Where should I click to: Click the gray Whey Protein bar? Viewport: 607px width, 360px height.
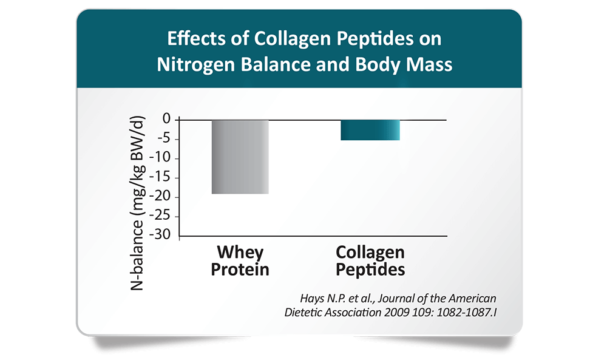[240, 157]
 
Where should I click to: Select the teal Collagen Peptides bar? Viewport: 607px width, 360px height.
[370, 130]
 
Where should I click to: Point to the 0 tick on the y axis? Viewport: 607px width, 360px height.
[166, 119]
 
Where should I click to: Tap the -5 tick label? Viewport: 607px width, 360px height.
[164, 138]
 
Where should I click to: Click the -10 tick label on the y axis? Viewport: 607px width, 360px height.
[161, 158]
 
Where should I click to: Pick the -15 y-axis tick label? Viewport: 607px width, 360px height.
[161, 177]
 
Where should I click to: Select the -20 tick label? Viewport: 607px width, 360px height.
[161, 196]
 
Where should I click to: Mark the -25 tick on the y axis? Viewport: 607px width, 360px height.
[161, 216]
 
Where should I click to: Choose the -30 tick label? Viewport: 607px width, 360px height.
[161, 234]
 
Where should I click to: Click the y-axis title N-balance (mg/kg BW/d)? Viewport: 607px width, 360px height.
[137, 203]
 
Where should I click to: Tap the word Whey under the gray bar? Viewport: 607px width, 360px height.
[240, 253]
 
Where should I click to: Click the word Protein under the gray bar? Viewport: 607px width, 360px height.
[240, 270]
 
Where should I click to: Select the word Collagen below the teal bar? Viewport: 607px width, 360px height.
[370, 253]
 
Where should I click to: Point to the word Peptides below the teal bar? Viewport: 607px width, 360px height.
[370, 270]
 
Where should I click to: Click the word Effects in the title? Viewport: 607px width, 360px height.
[197, 38]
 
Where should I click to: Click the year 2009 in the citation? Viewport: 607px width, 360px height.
[396, 313]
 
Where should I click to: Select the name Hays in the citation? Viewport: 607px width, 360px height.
[312, 299]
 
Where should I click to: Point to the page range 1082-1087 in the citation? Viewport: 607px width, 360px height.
[464, 313]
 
